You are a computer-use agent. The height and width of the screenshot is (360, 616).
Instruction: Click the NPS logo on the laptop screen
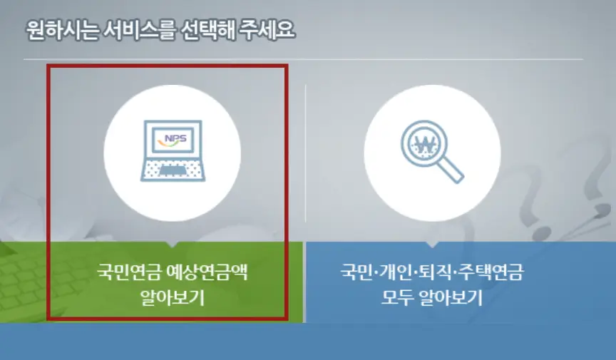(x=173, y=139)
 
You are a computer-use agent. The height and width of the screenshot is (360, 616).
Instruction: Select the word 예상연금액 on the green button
(x=205, y=273)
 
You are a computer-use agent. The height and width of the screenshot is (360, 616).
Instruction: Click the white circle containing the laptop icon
(x=173, y=153)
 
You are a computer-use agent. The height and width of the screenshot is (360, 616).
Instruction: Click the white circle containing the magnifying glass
(x=432, y=153)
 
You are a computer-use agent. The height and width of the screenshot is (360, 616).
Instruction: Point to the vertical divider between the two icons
(x=305, y=153)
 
